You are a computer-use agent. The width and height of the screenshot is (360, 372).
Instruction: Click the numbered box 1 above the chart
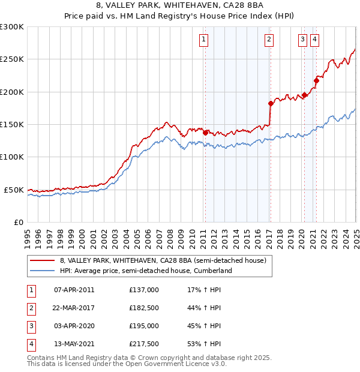coord(204,40)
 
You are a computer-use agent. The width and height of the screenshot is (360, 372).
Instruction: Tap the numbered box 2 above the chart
coord(269,40)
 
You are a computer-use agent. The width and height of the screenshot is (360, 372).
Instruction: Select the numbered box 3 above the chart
coord(302,40)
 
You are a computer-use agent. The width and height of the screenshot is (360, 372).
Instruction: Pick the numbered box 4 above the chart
coord(314,40)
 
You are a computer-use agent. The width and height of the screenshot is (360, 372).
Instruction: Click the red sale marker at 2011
coord(205,133)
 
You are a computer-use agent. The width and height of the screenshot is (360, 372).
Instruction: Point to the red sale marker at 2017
coord(271,103)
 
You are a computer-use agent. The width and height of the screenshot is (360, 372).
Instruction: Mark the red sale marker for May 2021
coord(316,80)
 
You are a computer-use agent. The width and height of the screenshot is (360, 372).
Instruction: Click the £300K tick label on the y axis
coord(12,27)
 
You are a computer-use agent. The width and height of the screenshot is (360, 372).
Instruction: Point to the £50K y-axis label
coord(14,190)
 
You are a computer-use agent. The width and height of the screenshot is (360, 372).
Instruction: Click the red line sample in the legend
coord(42,260)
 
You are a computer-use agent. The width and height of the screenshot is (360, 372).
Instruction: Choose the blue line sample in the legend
coord(42,271)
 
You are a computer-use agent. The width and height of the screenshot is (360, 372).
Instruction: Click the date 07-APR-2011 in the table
coord(74,290)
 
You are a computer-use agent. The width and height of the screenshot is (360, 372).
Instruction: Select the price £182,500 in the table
coord(144,308)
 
